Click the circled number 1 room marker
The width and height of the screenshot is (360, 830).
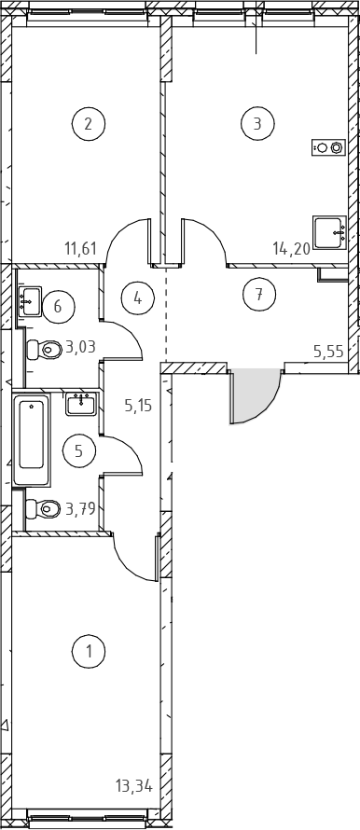click(x=89, y=651)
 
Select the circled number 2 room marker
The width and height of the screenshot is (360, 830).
click(x=89, y=124)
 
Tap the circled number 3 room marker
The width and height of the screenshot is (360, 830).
click(x=257, y=124)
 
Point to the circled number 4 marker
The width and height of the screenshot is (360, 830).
click(x=138, y=298)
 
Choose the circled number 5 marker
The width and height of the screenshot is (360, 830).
click(x=79, y=451)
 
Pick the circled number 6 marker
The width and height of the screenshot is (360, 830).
click(x=58, y=307)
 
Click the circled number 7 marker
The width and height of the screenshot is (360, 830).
click(x=259, y=295)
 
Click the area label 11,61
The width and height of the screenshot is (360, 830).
click(x=80, y=247)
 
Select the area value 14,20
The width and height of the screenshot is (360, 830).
click(x=291, y=248)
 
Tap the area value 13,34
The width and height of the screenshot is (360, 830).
click(x=134, y=786)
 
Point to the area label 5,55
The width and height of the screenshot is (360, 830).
click(x=328, y=351)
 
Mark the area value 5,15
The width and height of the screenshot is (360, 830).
click(x=138, y=406)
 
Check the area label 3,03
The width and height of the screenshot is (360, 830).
click(x=80, y=347)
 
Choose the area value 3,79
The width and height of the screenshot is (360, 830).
click(x=80, y=509)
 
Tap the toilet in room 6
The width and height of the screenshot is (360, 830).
click(x=45, y=349)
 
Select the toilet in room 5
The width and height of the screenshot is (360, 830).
click(x=44, y=509)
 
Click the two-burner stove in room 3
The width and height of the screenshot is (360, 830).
click(x=329, y=147)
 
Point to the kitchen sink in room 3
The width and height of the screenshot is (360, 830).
click(x=329, y=232)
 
